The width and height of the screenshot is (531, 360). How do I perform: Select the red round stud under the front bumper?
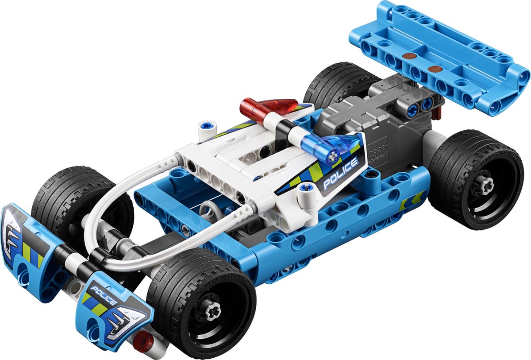[143, 341]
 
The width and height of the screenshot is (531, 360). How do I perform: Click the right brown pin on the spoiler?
[435, 69]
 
